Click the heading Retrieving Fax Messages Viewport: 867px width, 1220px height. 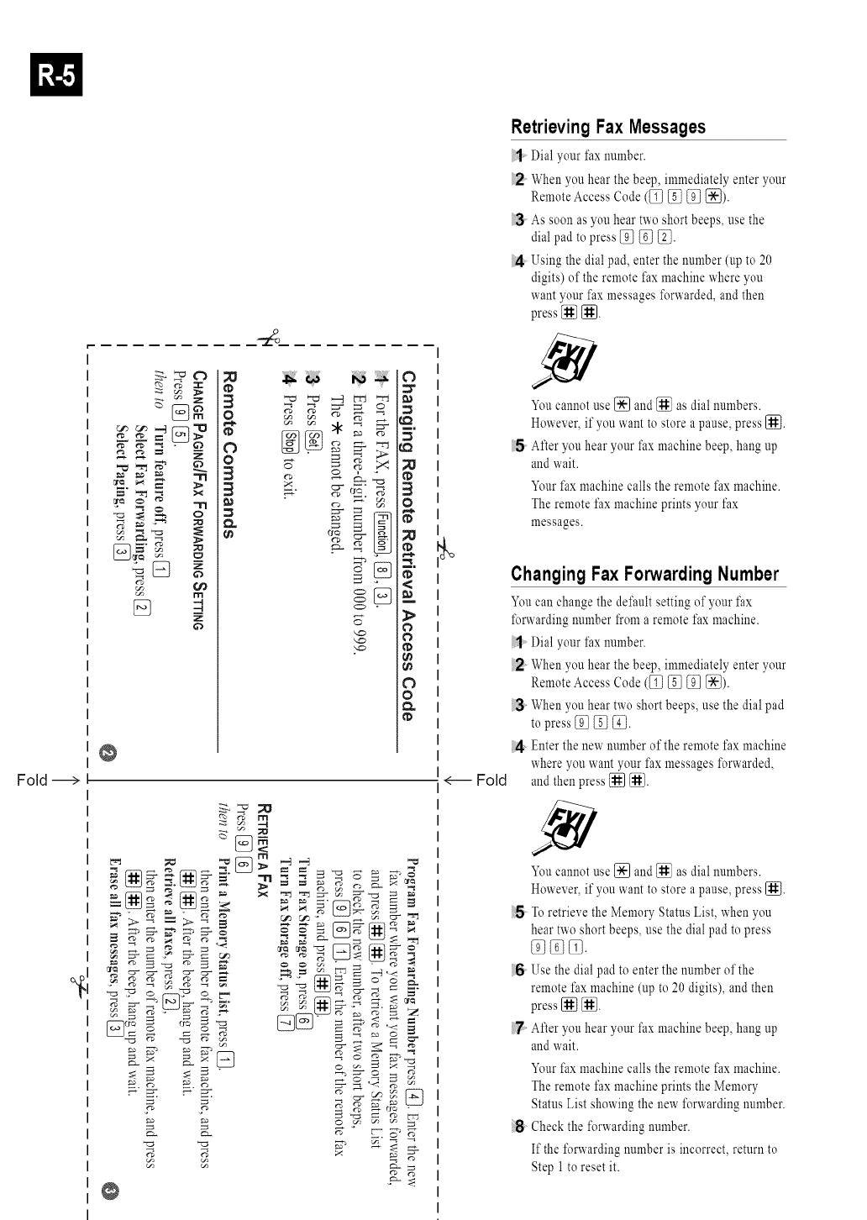pos(608,127)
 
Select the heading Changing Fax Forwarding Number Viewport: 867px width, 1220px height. pos(645,574)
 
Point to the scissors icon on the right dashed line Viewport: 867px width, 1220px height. pos(446,547)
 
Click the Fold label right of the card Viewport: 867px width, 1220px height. pos(491,781)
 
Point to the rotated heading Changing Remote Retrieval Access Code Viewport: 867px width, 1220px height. pos(407,544)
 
